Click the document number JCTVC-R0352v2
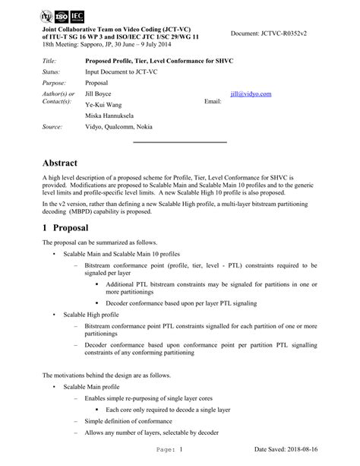point(289,33)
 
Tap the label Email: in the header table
point(214,101)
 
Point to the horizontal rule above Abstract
point(180,142)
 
